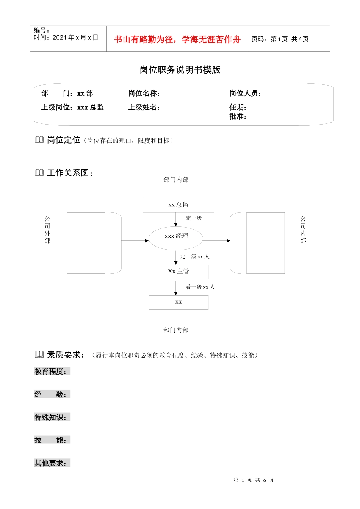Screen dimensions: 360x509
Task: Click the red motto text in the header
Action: [x=177, y=39]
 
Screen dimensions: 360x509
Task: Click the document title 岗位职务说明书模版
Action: [x=180, y=70]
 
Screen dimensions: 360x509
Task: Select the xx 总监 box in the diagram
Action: [x=178, y=205]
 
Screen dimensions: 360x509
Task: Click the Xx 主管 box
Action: [x=178, y=272]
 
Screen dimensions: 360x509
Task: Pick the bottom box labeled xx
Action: [x=178, y=302]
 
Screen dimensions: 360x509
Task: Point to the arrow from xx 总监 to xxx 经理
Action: [x=176, y=219]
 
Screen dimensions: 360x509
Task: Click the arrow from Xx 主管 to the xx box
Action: [x=176, y=287]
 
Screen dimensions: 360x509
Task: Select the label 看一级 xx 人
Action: [x=200, y=287]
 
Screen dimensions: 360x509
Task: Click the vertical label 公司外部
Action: [x=47, y=230]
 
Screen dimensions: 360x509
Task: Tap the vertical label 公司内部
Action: [x=303, y=230]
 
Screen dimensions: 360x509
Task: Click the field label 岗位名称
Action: [x=144, y=93]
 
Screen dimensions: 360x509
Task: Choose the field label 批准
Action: [x=238, y=117]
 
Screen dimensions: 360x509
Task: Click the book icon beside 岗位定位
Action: [x=39, y=140]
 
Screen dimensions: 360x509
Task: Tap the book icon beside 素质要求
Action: [x=39, y=354]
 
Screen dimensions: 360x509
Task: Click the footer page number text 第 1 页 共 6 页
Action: [x=254, y=480]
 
